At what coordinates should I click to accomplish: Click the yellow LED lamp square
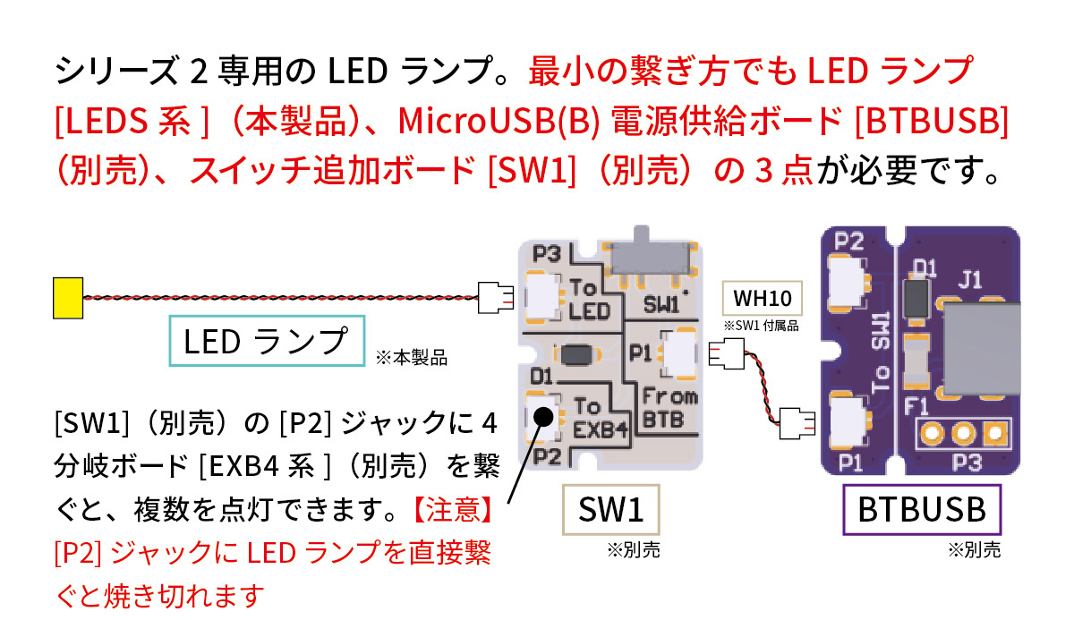point(67,298)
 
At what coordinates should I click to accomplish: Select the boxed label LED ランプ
point(268,340)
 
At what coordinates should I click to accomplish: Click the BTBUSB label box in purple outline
point(922,510)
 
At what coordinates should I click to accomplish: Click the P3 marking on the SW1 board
point(545,254)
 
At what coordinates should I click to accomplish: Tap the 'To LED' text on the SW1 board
point(589,300)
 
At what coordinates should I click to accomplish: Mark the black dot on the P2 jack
point(541,415)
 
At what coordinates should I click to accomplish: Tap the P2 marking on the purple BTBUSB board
point(848,241)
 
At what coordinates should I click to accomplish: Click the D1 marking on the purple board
point(925,268)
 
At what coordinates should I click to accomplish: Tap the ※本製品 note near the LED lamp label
point(411,359)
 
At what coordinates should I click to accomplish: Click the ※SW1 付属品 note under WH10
point(761,325)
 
